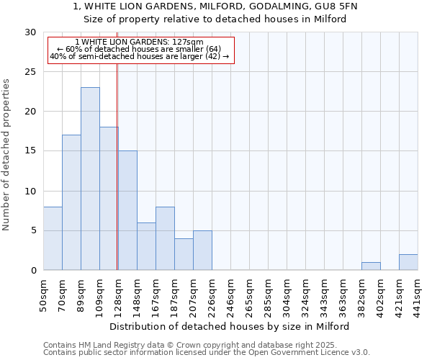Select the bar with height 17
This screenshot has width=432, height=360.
[x=71, y=202]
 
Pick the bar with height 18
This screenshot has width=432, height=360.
[x=109, y=199]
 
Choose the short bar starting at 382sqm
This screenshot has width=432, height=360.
[x=371, y=266]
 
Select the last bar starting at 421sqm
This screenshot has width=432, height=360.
[x=408, y=262]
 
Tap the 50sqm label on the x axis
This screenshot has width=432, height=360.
[x=44, y=294]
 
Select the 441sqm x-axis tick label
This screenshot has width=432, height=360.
[x=418, y=294]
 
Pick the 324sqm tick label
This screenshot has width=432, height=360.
[x=306, y=294]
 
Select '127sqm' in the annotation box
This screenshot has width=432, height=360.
[x=189, y=42]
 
